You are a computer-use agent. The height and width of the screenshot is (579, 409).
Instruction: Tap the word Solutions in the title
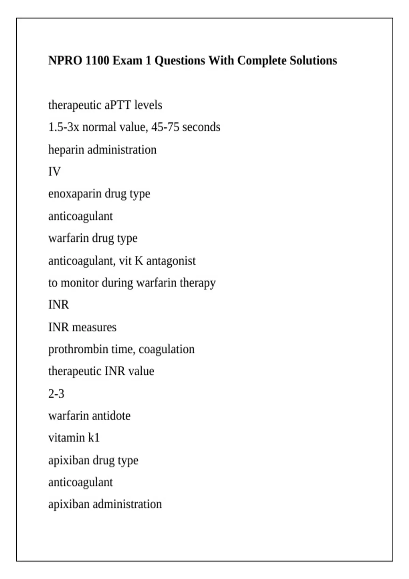(313, 61)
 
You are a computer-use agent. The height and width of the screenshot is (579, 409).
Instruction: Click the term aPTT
(118, 105)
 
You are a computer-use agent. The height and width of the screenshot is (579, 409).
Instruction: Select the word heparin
(66, 150)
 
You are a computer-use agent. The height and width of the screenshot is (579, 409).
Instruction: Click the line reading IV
(54, 172)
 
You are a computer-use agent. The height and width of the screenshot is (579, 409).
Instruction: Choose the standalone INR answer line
(59, 304)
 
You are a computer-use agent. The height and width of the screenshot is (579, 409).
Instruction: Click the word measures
(94, 327)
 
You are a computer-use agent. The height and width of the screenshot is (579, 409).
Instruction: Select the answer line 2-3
(56, 394)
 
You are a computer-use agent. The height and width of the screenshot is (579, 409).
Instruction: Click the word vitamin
(66, 438)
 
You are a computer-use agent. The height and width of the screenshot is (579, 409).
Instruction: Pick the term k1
(94, 438)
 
